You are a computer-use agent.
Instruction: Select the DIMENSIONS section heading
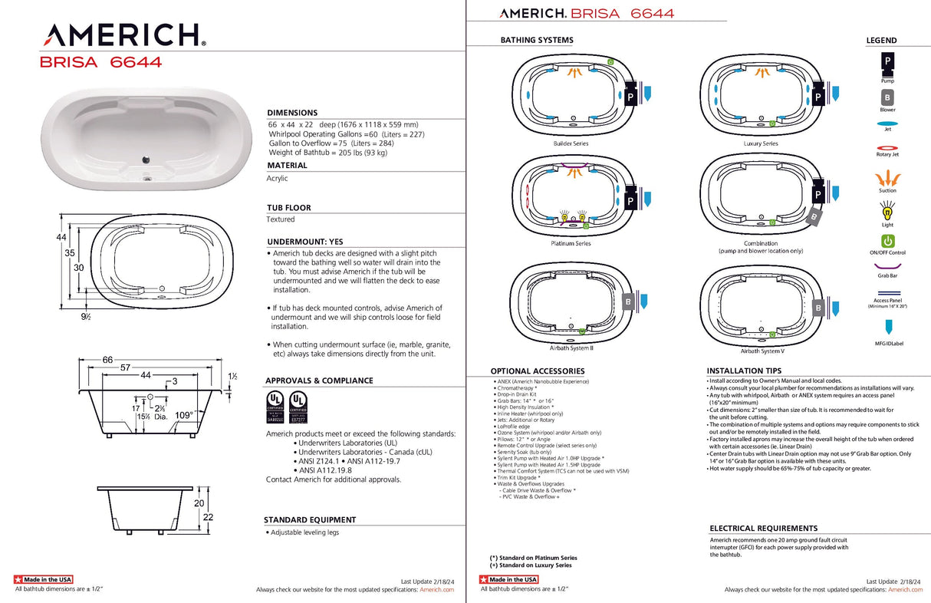pos(292,113)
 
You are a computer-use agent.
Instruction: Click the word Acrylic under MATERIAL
pos(278,178)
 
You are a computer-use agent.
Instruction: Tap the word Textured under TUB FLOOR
pos(280,219)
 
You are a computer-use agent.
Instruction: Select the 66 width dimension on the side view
pos(107,359)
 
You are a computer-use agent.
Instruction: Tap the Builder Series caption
pos(571,143)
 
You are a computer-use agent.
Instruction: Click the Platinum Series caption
pos(571,243)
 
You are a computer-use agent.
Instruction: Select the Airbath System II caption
pos(571,348)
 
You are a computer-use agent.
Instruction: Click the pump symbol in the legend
pos(887,61)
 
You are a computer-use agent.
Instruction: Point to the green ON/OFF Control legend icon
pos(887,241)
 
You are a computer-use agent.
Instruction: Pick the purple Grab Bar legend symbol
pos(887,265)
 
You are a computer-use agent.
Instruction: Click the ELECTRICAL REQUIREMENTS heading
pos(763,528)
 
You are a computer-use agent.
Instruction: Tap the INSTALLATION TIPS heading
pos(745,371)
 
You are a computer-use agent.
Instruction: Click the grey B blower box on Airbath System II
pos(628,302)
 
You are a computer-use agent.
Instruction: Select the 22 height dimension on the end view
pos(208,517)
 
